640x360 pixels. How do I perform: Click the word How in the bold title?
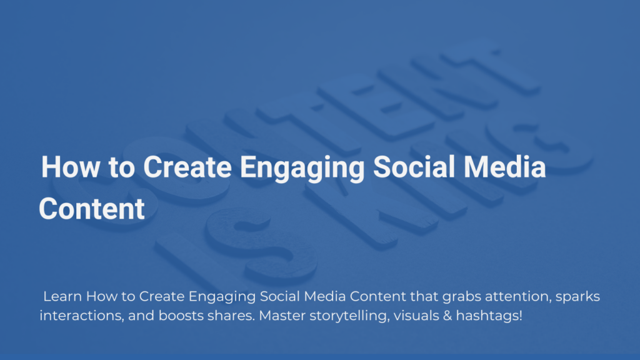point(71,167)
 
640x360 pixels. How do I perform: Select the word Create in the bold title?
point(187,167)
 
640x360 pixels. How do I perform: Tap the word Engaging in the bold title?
point(302,169)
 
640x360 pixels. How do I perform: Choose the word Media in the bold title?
point(505,167)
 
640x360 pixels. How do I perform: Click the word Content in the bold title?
point(92,209)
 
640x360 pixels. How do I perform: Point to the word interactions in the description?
point(82,316)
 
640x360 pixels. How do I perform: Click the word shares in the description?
point(231,316)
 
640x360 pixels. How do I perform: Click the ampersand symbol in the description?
point(447,316)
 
